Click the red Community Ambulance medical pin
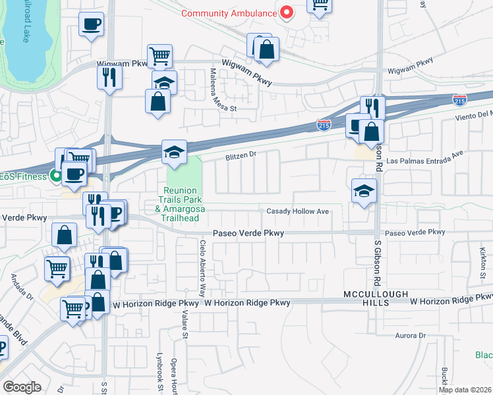287,13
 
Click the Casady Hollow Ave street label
297,211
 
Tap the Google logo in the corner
21,387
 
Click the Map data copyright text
465,390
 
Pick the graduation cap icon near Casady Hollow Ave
363,191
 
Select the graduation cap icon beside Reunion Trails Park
175,152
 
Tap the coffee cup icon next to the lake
91,25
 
